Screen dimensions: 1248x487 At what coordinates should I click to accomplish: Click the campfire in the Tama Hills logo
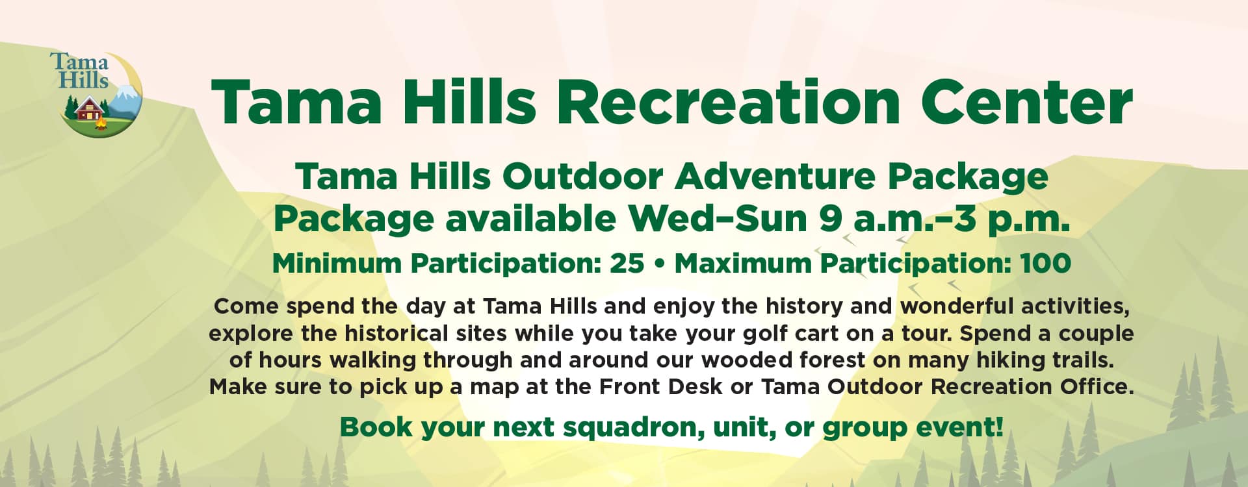[x=100, y=122]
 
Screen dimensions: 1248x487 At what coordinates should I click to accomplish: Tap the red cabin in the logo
[x=89, y=109]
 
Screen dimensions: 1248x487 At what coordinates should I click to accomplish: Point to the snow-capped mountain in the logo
[x=125, y=103]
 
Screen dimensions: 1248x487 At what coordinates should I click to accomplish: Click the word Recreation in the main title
[x=729, y=103]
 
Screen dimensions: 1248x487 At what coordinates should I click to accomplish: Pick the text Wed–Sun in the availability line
[x=718, y=219]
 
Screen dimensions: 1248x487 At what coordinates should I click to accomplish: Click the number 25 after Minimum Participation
[x=627, y=264]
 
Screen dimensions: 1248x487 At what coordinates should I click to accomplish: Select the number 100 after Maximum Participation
[x=1045, y=264]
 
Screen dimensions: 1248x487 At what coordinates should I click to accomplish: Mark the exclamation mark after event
[x=999, y=427]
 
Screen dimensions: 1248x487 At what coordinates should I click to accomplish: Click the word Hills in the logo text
[x=83, y=80]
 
